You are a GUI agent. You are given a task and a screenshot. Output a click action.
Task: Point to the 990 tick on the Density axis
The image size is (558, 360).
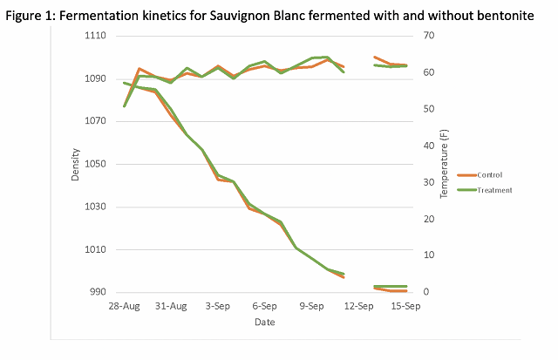tap(96, 292)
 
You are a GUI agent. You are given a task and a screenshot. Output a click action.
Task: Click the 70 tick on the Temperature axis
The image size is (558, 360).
tap(429, 36)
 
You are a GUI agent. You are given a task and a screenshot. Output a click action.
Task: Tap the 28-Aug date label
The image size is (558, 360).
tap(125, 307)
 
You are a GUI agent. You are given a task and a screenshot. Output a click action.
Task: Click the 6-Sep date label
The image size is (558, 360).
tap(265, 307)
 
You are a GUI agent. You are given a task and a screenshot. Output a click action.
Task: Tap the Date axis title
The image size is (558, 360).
tap(265, 323)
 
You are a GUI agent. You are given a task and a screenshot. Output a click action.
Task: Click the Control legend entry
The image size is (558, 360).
tap(489, 174)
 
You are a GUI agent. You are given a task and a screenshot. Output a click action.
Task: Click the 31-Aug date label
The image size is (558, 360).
tap(172, 307)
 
